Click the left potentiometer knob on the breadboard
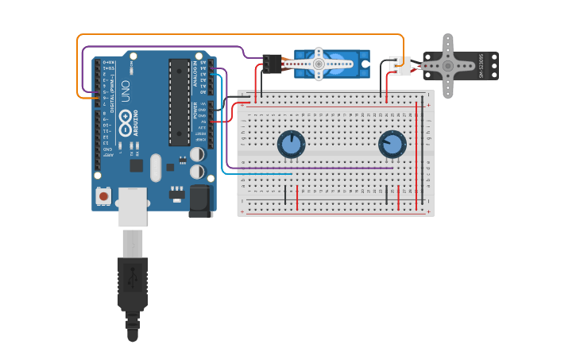(291, 145)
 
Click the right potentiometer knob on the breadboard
(392, 145)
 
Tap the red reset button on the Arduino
(103, 195)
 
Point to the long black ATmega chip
(179, 102)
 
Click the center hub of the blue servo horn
(319, 64)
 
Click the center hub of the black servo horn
(447, 66)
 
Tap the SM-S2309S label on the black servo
(481, 66)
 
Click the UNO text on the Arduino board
(125, 91)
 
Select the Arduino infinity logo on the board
(126, 122)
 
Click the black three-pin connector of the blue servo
(272, 64)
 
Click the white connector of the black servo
(401, 66)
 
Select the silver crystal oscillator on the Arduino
(156, 168)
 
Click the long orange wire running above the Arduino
(238, 35)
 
